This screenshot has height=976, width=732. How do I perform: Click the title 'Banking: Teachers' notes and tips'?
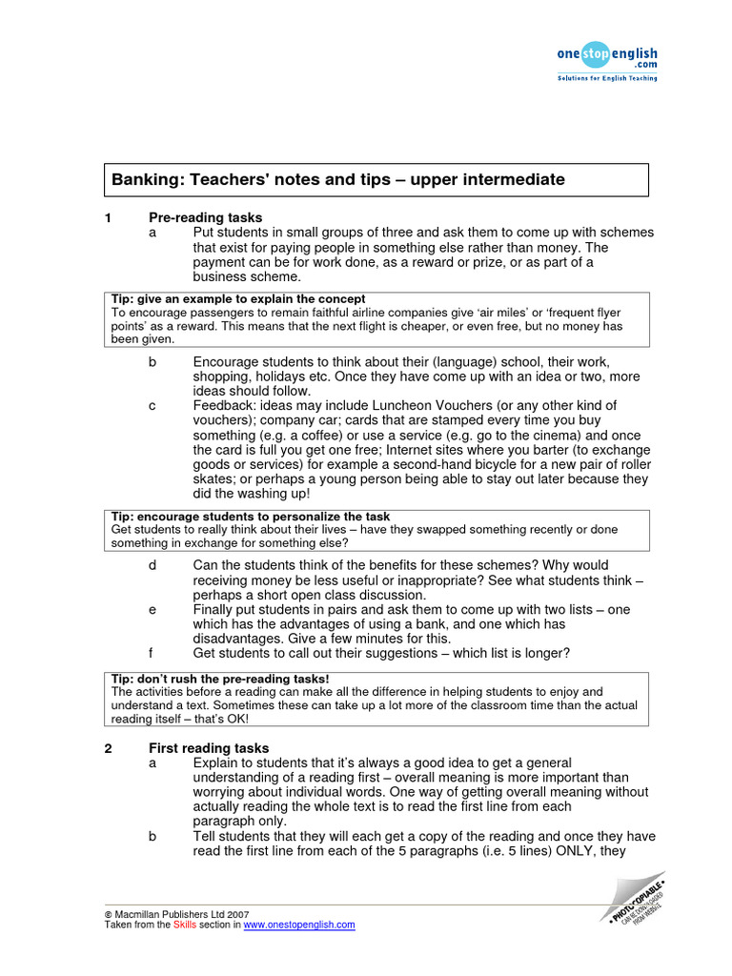pos(338,179)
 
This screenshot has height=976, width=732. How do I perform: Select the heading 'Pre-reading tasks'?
pos(205,218)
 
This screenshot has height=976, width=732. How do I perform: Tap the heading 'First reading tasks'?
pos(209,748)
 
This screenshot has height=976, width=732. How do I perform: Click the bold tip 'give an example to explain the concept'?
pos(238,298)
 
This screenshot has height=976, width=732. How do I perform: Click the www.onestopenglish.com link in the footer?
pos(299,925)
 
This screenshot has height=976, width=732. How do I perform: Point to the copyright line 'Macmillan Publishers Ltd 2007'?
pos(181,913)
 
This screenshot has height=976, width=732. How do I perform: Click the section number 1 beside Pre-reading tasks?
pos(108,218)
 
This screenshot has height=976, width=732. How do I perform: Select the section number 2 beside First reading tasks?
pos(108,748)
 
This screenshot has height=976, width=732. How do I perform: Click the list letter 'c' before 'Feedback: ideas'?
pos(152,405)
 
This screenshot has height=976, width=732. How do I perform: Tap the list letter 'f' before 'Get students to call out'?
pos(152,653)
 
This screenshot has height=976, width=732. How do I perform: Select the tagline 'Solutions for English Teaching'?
pos(607,78)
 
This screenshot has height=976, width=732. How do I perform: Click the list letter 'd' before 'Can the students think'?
pos(152,565)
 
